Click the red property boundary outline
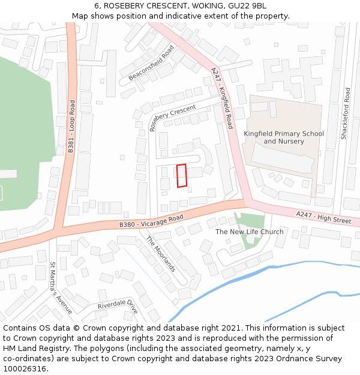click(x=182, y=176)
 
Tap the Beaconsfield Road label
click(x=151, y=63)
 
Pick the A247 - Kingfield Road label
click(x=222, y=98)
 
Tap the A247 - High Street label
click(x=323, y=217)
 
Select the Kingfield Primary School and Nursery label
click(x=284, y=137)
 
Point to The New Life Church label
click(x=250, y=232)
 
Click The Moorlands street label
click(x=161, y=253)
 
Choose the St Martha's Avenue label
click(x=61, y=288)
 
